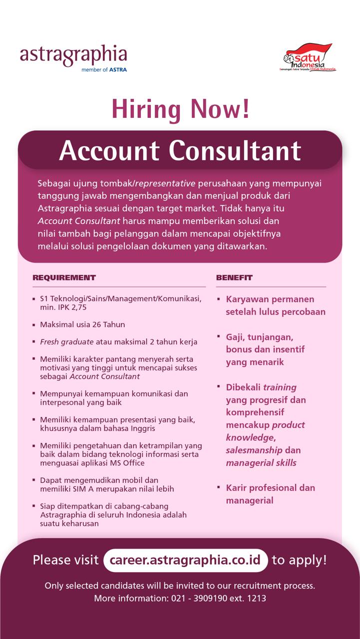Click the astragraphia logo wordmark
click(73, 55)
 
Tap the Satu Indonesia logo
click(308, 58)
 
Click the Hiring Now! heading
click(180, 109)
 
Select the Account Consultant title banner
click(180, 150)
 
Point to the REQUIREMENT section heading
click(64, 278)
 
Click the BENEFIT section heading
click(234, 278)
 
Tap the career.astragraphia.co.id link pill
click(185, 560)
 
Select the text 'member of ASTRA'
click(104, 70)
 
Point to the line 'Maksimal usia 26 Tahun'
click(82, 324)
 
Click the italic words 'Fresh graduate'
click(67, 342)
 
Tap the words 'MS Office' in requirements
click(112, 463)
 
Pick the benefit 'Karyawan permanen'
click(270, 300)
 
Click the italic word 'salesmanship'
click(254, 450)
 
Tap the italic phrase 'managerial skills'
click(261, 463)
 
